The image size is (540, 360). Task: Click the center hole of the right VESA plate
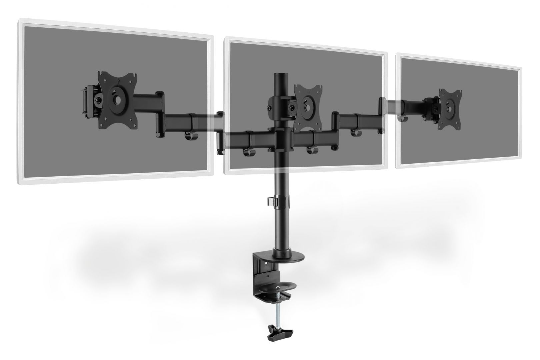(451, 108)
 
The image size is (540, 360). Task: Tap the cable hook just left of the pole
(248, 152)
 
